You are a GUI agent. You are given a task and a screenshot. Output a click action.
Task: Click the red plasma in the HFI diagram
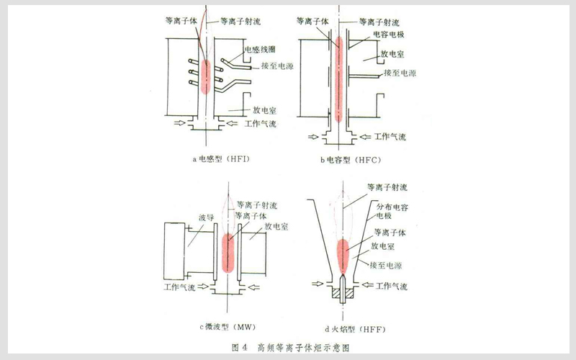point(205,76)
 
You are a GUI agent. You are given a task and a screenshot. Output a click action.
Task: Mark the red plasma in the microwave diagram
point(228,251)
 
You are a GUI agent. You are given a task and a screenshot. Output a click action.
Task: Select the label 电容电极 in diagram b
point(390,34)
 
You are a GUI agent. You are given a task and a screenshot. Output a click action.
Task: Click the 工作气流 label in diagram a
point(261,125)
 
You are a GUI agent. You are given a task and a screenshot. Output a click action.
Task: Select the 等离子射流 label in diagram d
point(387,186)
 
